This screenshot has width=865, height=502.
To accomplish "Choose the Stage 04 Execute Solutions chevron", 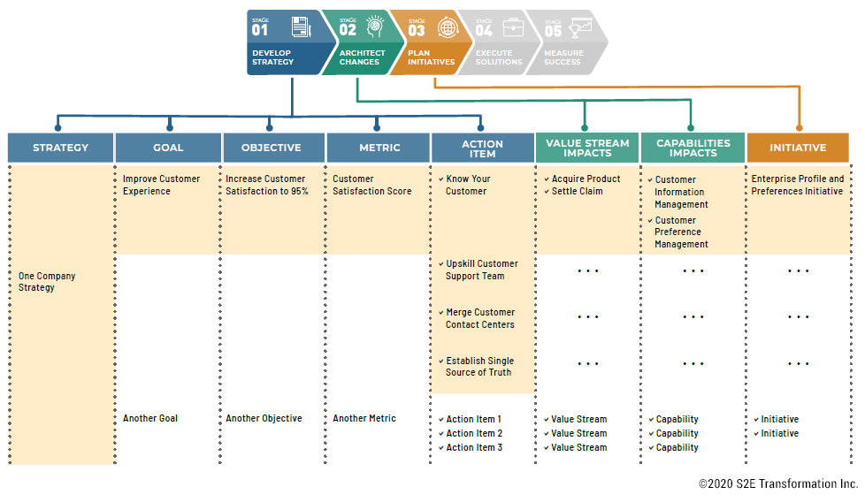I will (x=499, y=42).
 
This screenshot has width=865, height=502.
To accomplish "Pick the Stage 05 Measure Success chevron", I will (x=566, y=42).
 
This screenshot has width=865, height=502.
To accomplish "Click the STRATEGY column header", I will (x=61, y=148).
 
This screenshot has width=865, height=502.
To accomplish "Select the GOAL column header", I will (x=168, y=148).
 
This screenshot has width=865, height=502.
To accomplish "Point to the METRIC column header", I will (x=379, y=148).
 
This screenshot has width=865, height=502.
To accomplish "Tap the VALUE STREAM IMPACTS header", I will (x=587, y=148).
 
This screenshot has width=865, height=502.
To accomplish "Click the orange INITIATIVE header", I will (x=798, y=148).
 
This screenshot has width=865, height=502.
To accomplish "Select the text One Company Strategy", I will (x=47, y=282).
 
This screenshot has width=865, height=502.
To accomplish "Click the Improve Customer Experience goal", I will (x=161, y=185).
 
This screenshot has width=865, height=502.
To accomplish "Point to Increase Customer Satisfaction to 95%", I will (x=266, y=185).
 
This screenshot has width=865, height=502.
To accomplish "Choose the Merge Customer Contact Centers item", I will (x=479, y=318).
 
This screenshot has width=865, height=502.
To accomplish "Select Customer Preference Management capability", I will (x=681, y=232).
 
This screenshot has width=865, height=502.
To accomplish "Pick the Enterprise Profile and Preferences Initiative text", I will (x=797, y=185).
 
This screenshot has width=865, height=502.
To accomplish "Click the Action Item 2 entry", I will (x=473, y=433).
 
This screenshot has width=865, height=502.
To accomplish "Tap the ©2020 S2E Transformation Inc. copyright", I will (x=778, y=484).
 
